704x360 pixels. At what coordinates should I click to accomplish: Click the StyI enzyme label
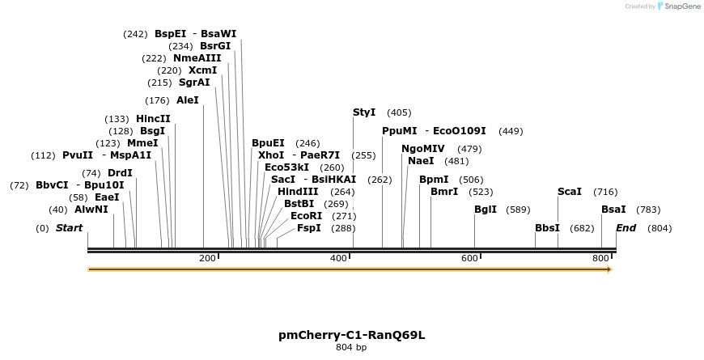coord(364,112)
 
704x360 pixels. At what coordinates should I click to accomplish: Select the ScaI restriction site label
coord(570,192)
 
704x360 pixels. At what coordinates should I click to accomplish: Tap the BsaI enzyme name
coord(613,210)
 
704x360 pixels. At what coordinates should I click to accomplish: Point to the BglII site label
coord(486,210)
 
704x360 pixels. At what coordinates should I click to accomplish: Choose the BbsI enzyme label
coord(547,228)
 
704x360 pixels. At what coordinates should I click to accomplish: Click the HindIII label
coord(298,192)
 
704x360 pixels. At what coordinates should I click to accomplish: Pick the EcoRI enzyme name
coord(306,216)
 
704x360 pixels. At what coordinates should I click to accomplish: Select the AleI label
coord(187,100)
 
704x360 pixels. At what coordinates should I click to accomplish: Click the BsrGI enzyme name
coord(215,46)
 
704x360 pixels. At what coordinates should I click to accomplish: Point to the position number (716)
coord(605,192)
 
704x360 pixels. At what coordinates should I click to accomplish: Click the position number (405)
coord(399,112)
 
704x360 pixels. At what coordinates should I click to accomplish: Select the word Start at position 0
coord(69,228)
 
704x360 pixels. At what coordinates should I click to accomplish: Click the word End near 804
coord(626,228)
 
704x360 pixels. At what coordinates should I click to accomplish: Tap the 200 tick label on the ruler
coord(207,258)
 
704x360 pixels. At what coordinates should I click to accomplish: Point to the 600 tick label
coord(469,258)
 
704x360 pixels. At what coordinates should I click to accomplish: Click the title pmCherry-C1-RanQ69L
coord(351,334)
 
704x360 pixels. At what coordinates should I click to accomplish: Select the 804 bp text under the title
coord(351,348)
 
